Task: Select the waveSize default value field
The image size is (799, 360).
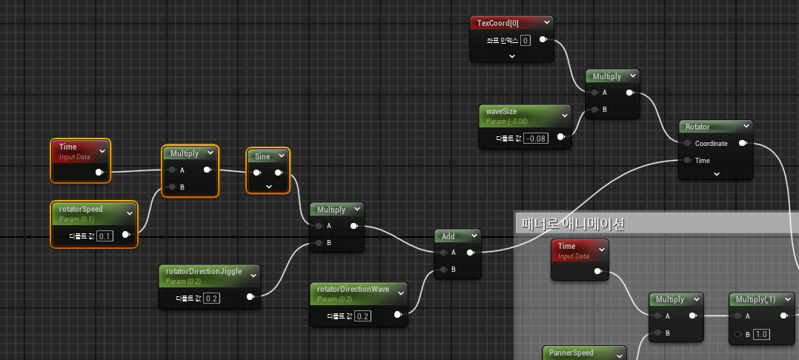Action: (536, 137)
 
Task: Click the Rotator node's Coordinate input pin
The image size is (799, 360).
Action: (687, 143)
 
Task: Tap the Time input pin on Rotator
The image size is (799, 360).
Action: (687, 160)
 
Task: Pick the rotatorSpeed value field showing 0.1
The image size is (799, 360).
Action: (105, 236)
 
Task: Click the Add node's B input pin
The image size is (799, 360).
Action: (443, 270)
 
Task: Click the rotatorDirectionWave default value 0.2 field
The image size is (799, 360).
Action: (363, 316)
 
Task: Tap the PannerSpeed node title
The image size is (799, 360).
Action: (571, 353)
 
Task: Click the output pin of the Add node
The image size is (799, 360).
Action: (471, 253)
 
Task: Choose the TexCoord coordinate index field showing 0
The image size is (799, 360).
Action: (526, 40)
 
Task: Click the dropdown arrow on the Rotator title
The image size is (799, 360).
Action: (744, 127)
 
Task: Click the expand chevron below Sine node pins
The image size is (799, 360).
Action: (268, 186)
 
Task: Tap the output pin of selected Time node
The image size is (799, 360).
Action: (99, 173)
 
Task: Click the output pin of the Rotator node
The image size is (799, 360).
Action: (743, 144)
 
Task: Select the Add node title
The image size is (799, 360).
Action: (448, 236)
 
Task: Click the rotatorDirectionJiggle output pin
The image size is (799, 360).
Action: (250, 298)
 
